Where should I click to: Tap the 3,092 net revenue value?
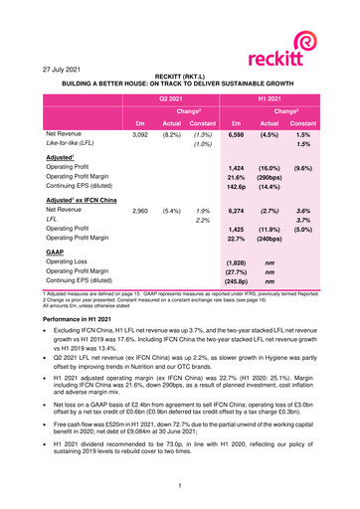(x=142, y=133)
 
